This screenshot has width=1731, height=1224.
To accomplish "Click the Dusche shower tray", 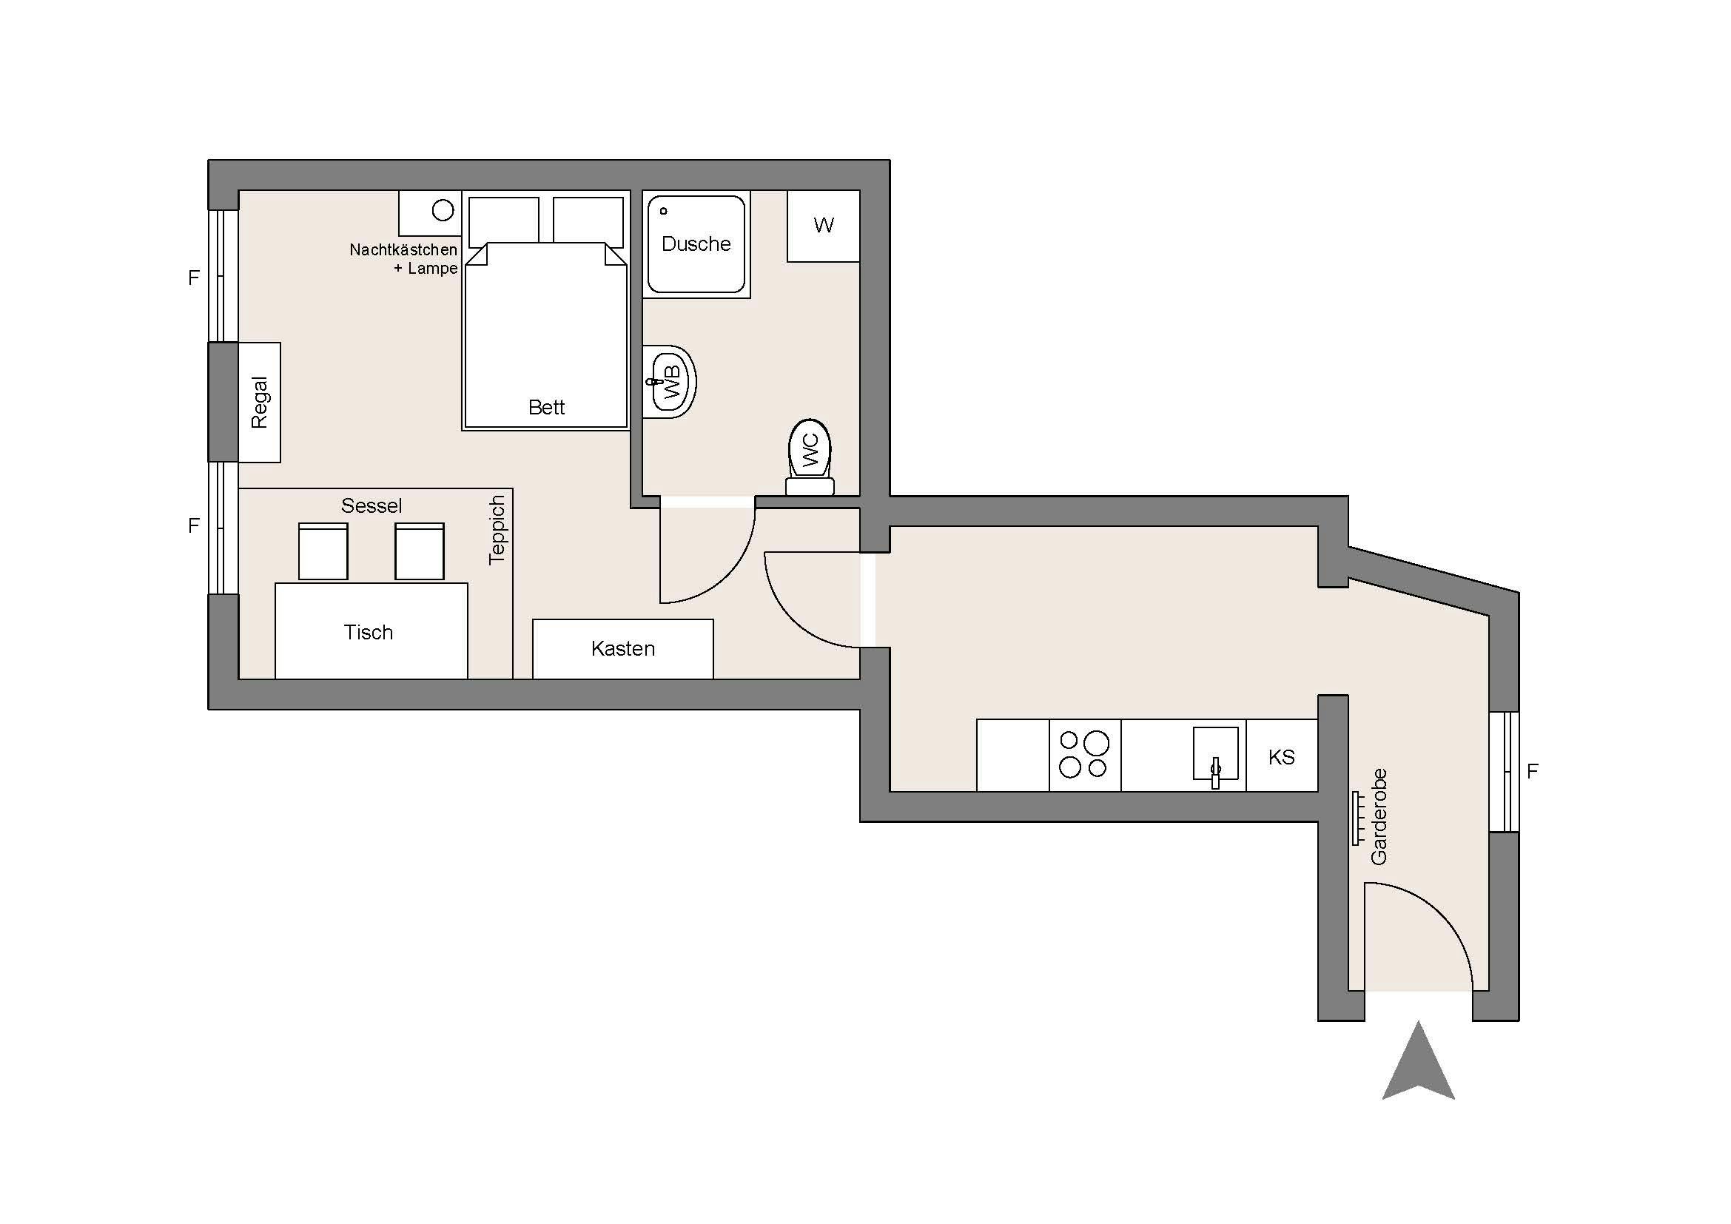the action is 696,244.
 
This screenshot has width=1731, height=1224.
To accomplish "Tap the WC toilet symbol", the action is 810,457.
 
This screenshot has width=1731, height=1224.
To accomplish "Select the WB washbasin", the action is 669,381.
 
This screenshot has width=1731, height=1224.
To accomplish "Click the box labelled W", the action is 823,226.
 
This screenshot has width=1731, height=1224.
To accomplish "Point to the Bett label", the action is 547,408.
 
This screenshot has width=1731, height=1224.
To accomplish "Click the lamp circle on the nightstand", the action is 443,210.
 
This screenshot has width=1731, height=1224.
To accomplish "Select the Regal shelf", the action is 259,403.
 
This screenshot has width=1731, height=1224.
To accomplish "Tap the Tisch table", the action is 371,631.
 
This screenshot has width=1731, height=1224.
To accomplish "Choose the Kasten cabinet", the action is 622,649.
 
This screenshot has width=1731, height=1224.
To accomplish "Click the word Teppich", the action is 496,530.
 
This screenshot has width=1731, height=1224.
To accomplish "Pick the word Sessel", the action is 371,505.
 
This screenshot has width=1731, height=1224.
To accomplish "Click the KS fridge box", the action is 1282,756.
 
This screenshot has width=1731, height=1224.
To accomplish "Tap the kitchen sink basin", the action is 1215,753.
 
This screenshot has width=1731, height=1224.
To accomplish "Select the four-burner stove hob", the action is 1085,756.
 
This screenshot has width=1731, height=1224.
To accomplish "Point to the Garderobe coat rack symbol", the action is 1357,818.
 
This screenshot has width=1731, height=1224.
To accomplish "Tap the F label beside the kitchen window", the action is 1532,771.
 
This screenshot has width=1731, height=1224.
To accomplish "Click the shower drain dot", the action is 663,211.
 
